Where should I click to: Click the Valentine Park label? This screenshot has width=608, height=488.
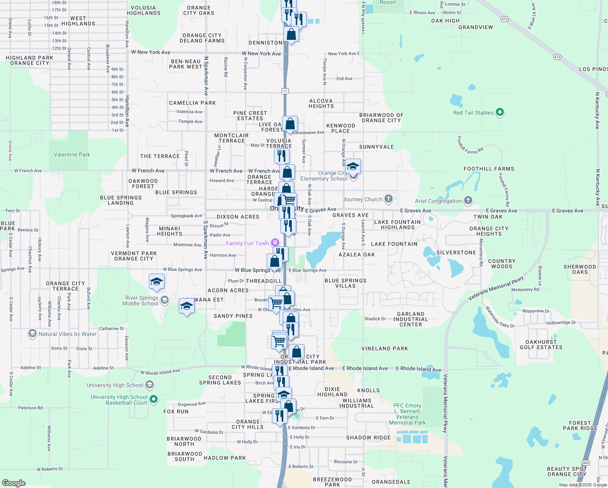72,155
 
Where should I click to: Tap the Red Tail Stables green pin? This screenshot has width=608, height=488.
500,112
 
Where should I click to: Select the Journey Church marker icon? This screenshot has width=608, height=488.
389,199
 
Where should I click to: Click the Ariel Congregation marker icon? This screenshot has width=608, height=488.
468,200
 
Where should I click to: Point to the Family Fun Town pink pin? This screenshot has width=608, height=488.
275,243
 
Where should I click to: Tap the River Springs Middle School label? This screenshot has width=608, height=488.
140,301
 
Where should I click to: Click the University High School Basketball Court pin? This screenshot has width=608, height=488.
154,399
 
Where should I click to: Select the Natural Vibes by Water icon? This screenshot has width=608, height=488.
32,334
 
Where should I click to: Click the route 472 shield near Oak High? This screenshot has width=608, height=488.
504,19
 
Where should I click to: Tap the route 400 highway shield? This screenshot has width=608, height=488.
586,463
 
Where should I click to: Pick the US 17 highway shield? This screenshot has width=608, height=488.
285,91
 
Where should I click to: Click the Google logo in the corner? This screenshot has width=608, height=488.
14,483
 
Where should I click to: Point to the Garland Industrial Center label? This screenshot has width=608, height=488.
410,319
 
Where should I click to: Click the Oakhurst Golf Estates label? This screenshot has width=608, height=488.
541,345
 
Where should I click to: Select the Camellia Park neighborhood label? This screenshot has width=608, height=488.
192,103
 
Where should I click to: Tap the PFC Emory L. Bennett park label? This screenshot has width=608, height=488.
407,414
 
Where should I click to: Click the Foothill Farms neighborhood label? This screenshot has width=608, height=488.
489,169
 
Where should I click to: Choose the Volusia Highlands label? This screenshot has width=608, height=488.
143,10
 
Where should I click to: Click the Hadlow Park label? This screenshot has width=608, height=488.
225,458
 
